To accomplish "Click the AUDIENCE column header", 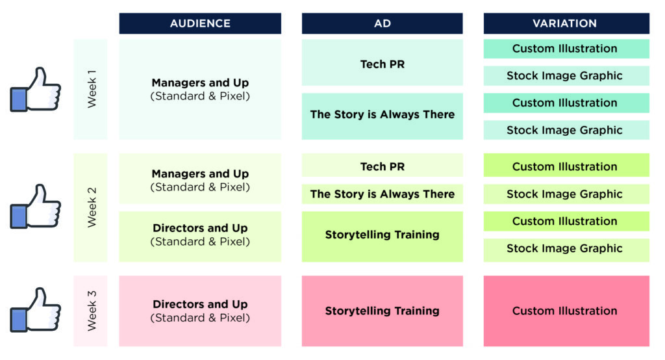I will (x=200, y=23).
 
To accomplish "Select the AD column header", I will (x=382, y=23).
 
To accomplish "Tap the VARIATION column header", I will (x=566, y=23).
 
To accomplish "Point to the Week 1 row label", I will (x=91, y=90).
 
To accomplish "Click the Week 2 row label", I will (x=91, y=207).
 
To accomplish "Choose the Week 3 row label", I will (x=91, y=311).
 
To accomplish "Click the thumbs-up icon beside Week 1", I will (x=36, y=89).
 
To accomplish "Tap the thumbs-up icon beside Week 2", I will (x=36, y=206).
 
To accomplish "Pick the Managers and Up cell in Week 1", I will (x=200, y=90).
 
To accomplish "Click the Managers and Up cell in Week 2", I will (x=200, y=179).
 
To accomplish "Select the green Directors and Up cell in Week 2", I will (x=200, y=235).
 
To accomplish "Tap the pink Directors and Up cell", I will (x=200, y=311).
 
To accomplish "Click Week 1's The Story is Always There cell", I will (x=382, y=116).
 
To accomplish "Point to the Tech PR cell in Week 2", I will (x=382, y=166).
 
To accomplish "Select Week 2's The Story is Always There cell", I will (x=382, y=194).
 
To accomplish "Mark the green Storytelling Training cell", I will (x=382, y=235).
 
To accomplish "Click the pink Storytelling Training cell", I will (x=382, y=311).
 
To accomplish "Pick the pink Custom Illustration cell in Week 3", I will (x=566, y=311).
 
